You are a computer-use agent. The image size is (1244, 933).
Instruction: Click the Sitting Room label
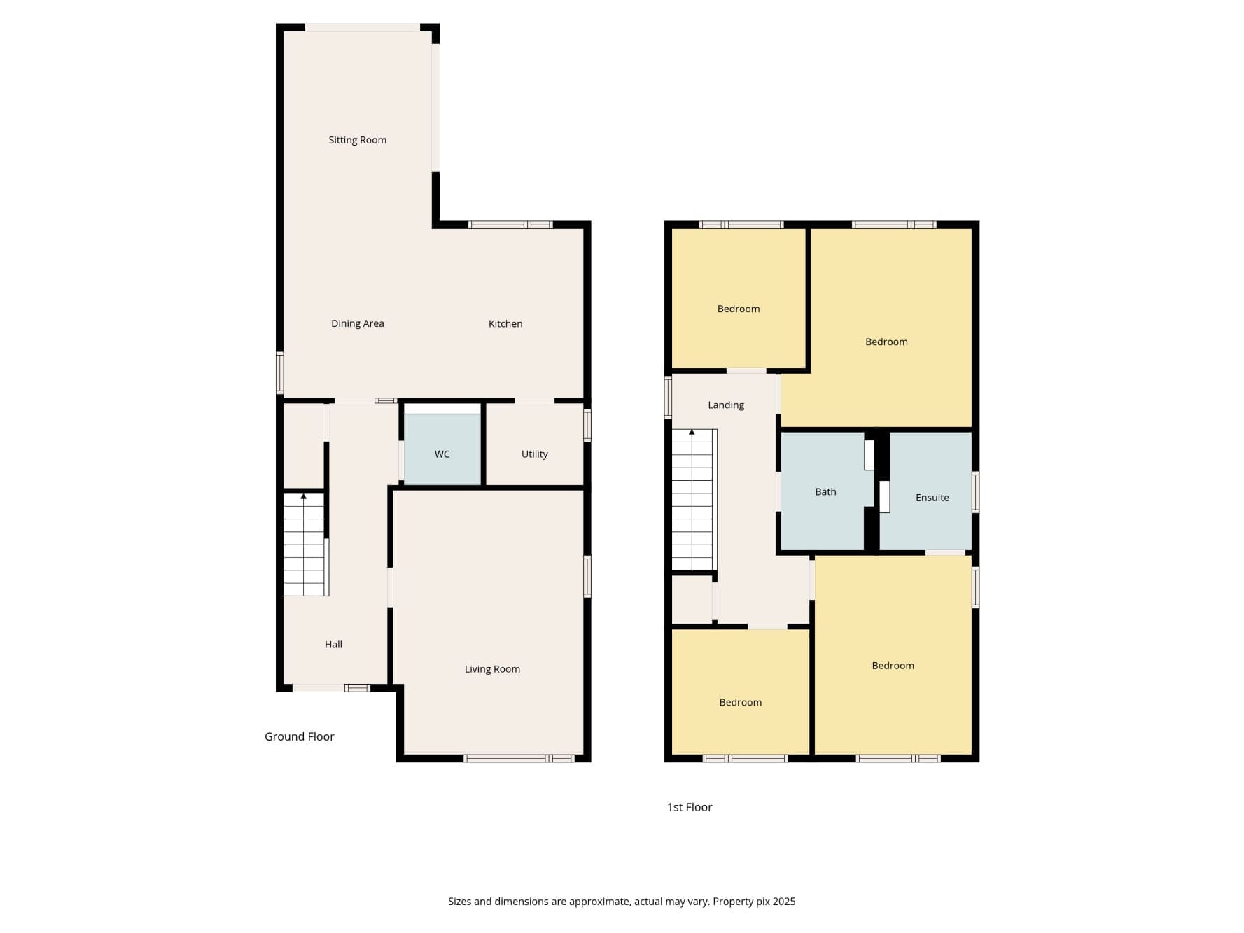tap(357, 140)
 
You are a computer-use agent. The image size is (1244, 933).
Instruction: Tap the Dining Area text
tap(357, 323)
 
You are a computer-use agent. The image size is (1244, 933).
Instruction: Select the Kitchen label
tap(505, 323)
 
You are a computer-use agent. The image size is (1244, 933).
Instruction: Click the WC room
tap(442, 454)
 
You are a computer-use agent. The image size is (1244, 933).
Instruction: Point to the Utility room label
tap(534, 454)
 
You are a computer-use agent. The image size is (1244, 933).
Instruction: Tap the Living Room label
tap(492, 669)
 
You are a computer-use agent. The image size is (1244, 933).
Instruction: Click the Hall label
tap(333, 645)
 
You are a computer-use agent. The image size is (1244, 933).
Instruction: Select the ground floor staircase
tap(304, 546)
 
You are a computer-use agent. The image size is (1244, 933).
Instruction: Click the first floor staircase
tap(692, 500)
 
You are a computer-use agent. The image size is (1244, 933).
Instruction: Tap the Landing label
tap(725, 405)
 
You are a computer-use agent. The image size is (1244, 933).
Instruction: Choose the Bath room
tap(825, 492)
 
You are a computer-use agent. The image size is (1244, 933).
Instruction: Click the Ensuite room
tap(932, 498)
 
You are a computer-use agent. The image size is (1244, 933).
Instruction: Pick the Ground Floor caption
tap(299, 736)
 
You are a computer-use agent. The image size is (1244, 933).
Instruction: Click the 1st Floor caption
tap(689, 807)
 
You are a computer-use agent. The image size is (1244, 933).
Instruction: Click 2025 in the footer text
tap(783, 902)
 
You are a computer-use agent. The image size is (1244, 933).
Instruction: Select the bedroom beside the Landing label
tap(886, 342)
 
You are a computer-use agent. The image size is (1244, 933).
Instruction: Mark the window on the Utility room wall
tap(587, 425)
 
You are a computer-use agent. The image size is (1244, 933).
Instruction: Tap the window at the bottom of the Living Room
tap(519, 758)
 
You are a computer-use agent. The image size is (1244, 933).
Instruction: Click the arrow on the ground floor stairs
tap(303, 496)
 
